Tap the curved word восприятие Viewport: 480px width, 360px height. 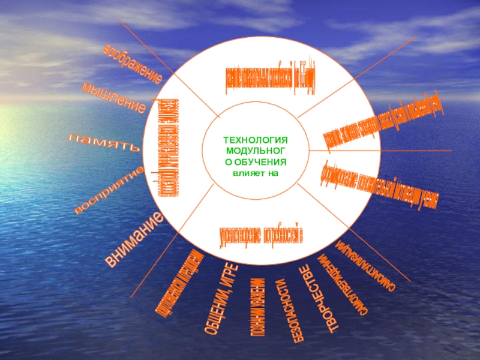109,191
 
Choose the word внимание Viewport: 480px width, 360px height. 136,239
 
